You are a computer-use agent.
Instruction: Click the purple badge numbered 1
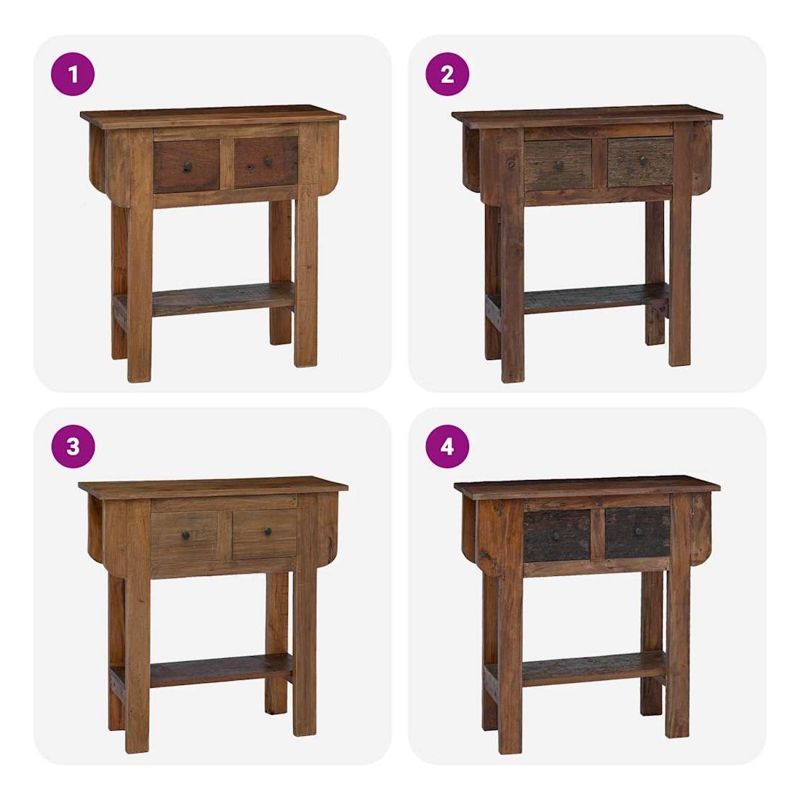73,74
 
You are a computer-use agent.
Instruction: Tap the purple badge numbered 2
447,74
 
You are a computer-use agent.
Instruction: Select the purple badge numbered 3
73,447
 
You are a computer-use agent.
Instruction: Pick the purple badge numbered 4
447,447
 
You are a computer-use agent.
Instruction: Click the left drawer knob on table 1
187,167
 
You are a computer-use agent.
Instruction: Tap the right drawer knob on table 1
268,161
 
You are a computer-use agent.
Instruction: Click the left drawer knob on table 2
560,165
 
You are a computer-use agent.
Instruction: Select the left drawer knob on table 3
185,535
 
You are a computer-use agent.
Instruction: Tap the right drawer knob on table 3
268,532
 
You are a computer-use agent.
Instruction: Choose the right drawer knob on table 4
639,532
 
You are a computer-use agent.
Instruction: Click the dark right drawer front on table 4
637,532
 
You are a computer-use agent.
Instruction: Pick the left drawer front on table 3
185,536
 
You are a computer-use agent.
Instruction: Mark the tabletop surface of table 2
587,115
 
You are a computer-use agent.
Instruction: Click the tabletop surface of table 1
213,115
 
